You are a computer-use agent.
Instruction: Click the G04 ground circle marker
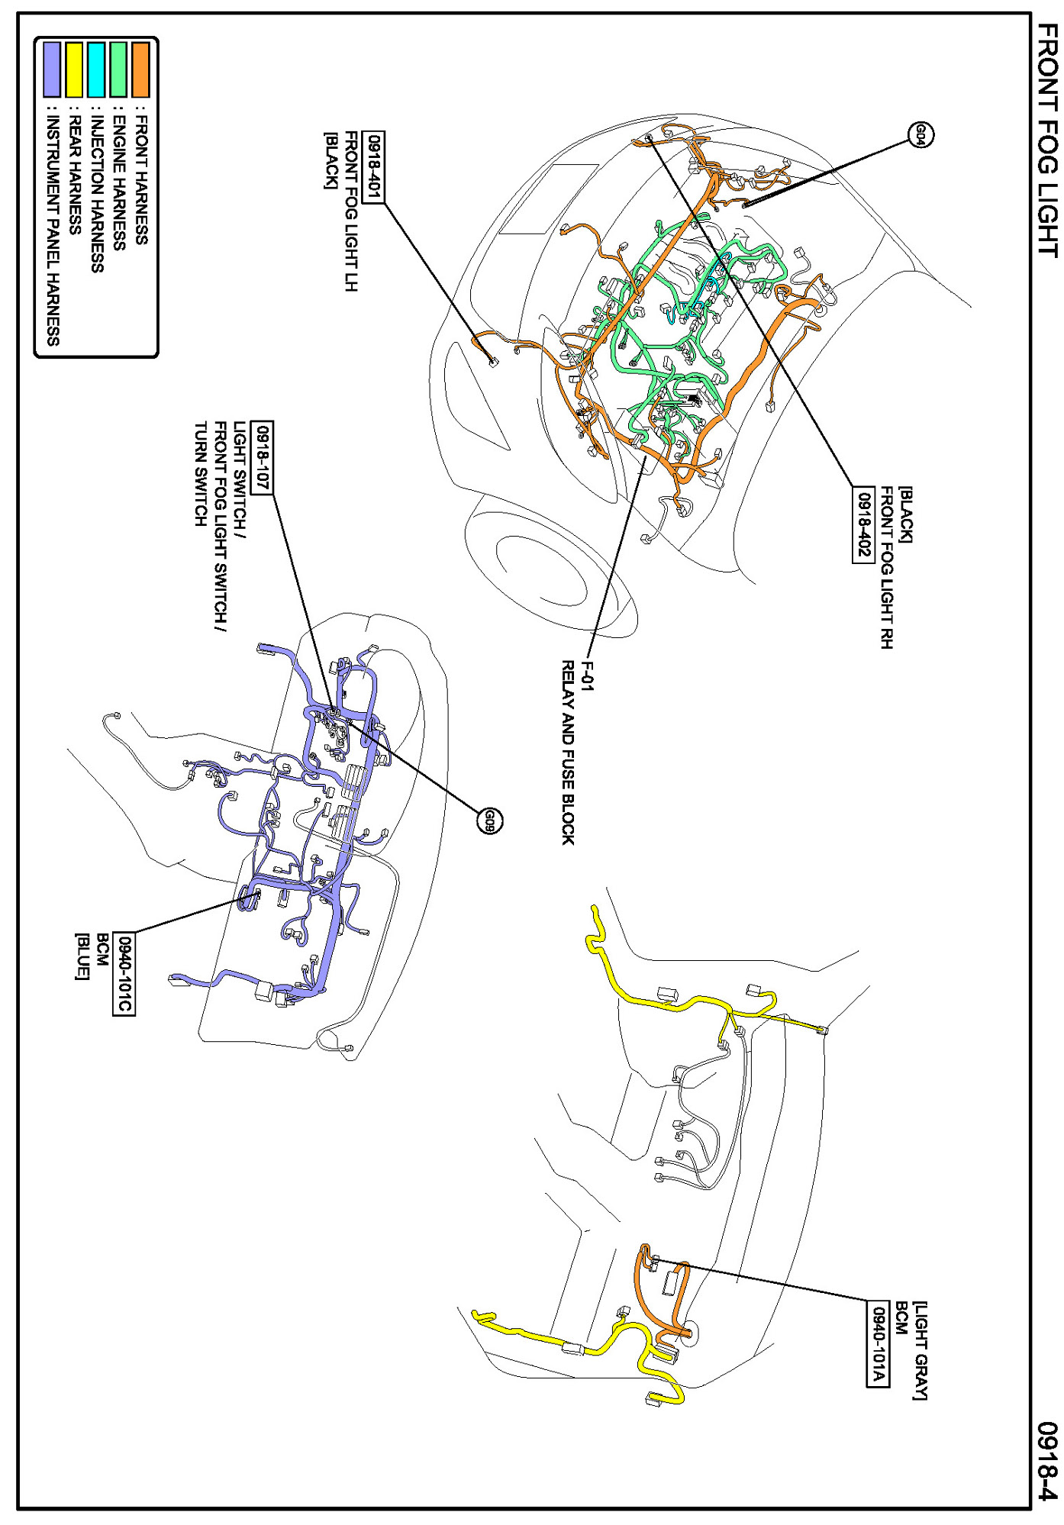click(x=921, y=135)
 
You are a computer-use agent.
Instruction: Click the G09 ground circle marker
click(x=490, y=821)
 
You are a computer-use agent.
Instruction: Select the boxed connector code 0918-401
click(x=373, y=167)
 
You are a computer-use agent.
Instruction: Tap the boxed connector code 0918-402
click(x=863, y=524)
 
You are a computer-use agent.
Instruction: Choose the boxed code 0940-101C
click(x=124, y=974)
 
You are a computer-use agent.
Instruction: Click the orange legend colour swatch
click(x=140, y=69)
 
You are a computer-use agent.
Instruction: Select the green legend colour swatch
click(x=118, y=69)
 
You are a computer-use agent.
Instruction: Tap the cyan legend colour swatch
click(x=96, y=69)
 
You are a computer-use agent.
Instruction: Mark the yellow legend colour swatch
click(x=74, y=69)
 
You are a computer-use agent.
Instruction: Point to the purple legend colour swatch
click(x=52, y=69)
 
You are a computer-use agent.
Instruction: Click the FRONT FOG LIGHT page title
click(x=1047, y=140)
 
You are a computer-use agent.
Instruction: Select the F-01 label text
click(x=586, y=675)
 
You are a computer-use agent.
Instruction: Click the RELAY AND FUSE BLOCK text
click(x=568, y=753)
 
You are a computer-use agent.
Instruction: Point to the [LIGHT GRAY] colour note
click(x=920, y=1350)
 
